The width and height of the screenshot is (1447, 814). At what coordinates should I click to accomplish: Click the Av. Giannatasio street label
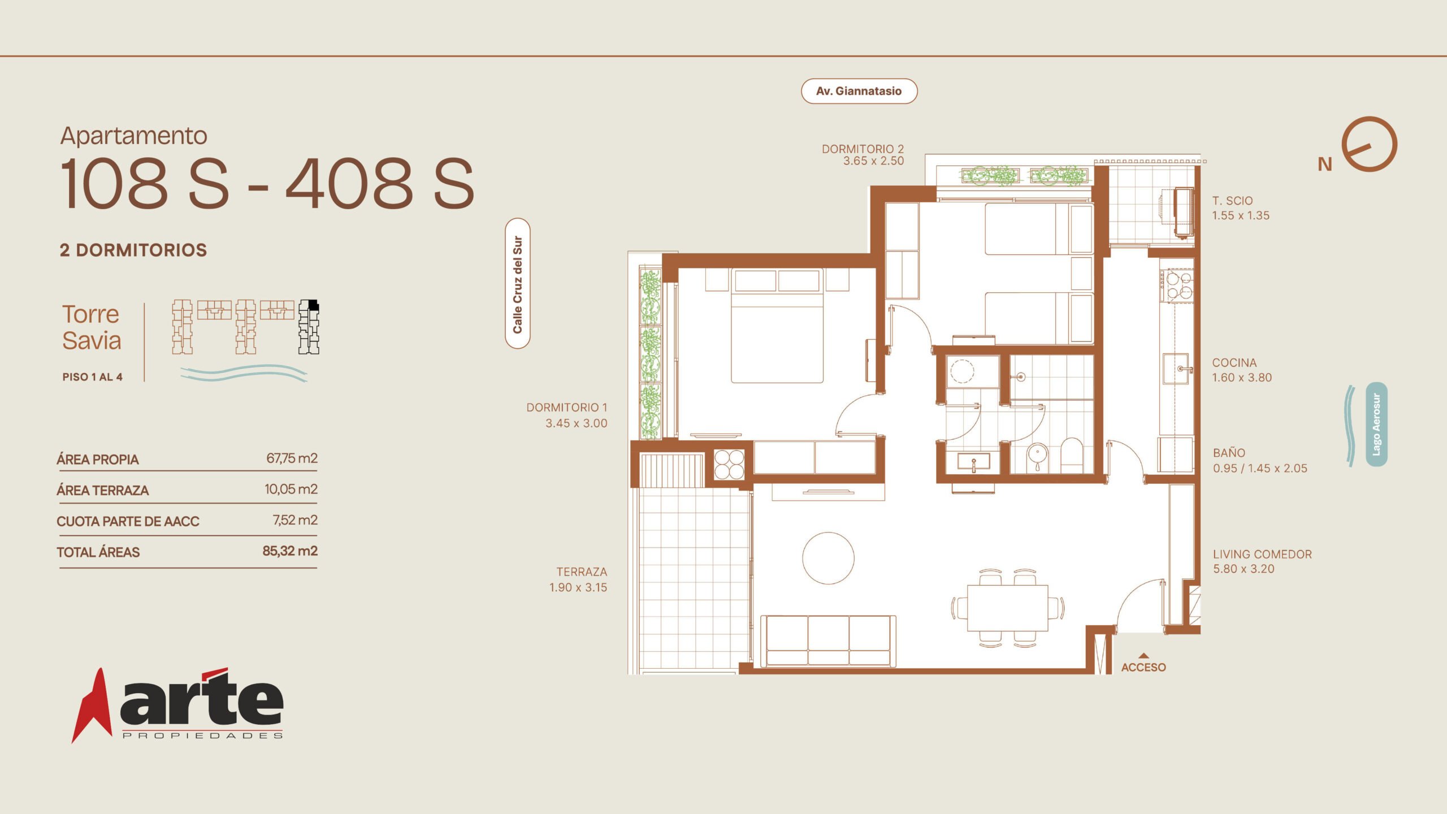pyautogui.click(x=859, y=91)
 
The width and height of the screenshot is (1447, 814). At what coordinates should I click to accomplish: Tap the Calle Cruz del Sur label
pyautogui.click(x=517, y=284)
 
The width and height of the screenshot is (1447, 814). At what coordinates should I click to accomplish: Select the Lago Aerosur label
pyautogui.click(x=1376, y=424)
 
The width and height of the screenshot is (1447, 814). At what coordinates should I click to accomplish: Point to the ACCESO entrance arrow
pyautogui.click(x=1143, y=656)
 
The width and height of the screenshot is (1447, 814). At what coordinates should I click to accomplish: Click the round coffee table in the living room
pyautogui.click(x=828, y=558)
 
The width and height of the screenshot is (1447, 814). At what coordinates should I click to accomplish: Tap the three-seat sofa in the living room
pyautogui.click(x=828, y=640)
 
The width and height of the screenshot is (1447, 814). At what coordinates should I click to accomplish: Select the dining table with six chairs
pyautogui.click(x=1008, y=608)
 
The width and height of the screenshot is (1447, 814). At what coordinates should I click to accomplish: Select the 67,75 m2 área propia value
pyautogui.click(x=292, y=458)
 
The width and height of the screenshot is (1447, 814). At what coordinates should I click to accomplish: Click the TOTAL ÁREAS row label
pyautogui.click(x=98, y=552)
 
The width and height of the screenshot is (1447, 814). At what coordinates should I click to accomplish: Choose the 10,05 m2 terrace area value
pyautogui.click(x=291, y=489)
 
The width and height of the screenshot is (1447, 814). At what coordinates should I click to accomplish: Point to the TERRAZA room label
pyautogui.click(x=582, y=572)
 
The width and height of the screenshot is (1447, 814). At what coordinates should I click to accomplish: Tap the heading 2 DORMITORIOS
pyautogui.click(x=133, y=250)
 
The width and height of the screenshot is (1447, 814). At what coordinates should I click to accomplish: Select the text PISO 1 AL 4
pyautogui.click(x=92, y=377)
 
